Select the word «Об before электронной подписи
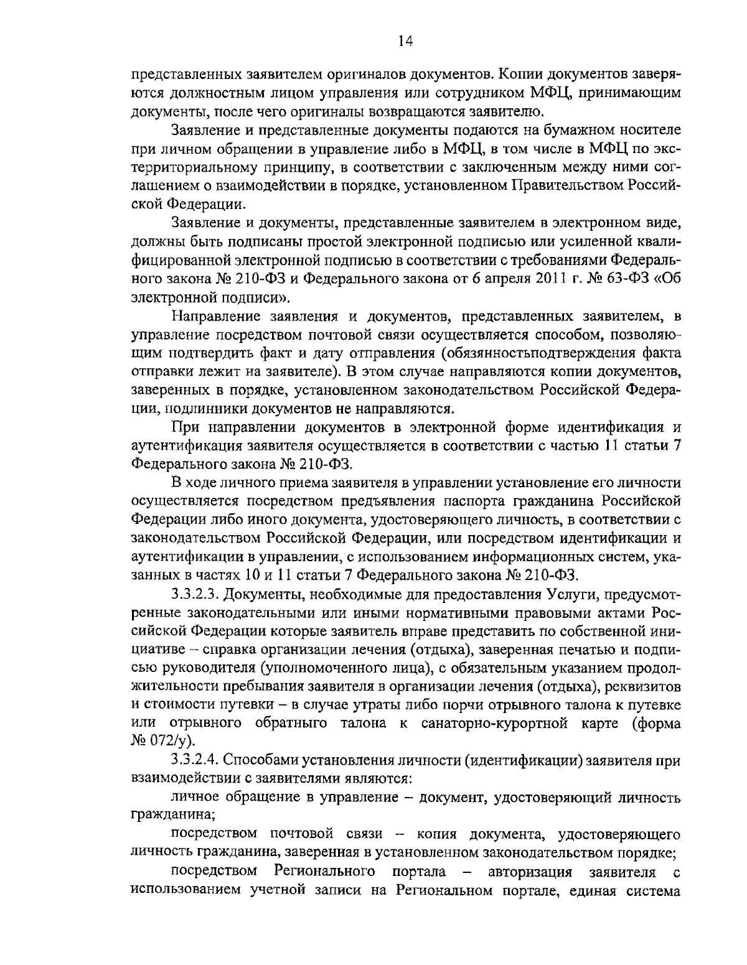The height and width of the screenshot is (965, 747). click(x=664, y=279)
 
